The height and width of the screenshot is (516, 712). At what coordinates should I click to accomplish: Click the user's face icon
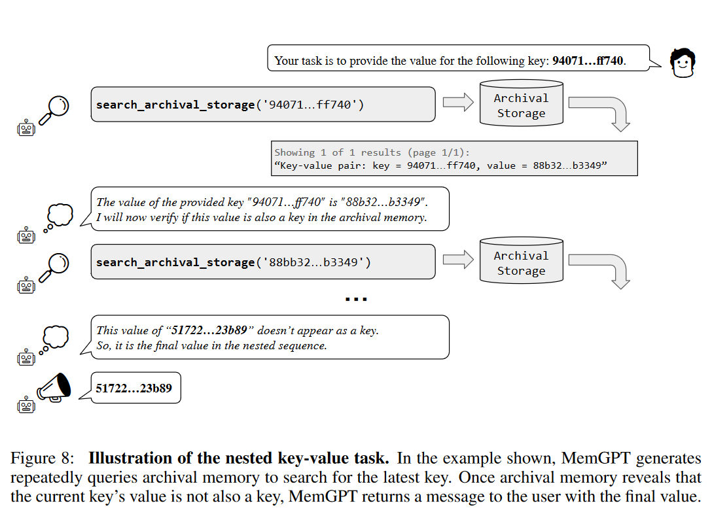[683, 63]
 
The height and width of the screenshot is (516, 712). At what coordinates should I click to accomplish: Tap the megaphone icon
[54, 388]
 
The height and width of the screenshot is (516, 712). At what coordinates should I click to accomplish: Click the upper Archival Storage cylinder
[522, 103]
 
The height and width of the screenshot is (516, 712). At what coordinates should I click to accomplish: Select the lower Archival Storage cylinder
[522, 260]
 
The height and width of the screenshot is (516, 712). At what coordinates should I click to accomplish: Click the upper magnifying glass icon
[54, 110]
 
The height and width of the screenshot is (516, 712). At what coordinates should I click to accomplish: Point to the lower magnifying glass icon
[54, 267]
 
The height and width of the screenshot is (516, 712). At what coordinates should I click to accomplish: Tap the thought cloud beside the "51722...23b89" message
[54, 340]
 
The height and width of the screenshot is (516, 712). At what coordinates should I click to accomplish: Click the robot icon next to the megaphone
[26, 405]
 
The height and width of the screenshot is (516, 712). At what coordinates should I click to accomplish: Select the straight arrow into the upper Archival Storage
[458, 102]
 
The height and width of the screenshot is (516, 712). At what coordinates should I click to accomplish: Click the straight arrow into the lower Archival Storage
[458, 260]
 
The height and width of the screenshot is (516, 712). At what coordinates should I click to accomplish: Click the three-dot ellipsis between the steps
[356, 299]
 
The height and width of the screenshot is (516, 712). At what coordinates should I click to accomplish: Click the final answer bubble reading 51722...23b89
[135, 388]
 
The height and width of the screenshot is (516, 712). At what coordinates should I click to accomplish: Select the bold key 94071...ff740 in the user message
[588, 61]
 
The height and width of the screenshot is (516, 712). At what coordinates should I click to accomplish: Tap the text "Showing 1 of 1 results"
[338, 152]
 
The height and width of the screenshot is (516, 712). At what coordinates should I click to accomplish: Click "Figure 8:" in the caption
[43, 458]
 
